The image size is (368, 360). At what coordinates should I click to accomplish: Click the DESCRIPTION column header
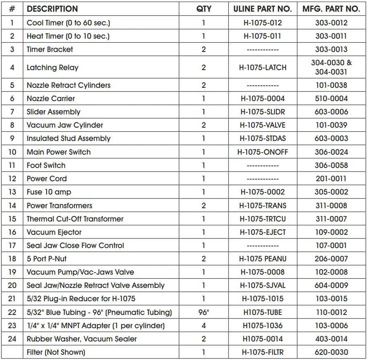(52, 9)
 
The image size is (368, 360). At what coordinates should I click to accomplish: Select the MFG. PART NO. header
(331, 9)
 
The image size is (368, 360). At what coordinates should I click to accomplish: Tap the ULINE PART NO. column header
(263, 9)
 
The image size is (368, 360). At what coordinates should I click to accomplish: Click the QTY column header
(204, 9)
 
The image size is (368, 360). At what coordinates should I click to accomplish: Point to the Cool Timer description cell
(68, 23)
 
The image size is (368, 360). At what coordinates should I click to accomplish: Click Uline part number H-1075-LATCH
(263, 67)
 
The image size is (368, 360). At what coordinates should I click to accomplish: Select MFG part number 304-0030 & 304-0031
(331, 67)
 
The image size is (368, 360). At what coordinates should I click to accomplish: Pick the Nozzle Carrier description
(51, 98)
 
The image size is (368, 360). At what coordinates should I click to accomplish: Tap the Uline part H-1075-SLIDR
(263, 112)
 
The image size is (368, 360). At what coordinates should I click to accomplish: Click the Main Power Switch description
(59, 152)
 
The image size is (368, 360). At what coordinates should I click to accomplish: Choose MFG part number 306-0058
(331, 165)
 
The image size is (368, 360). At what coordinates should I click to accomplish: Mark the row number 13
(12, 192)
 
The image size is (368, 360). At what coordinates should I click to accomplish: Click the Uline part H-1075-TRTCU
(263, 219)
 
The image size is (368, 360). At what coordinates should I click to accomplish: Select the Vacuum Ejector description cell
(54, 232)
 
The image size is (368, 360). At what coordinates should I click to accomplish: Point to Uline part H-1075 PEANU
(263, 259)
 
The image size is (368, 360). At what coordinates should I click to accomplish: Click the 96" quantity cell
(204, 312)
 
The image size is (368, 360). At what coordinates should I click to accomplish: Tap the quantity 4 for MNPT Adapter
(204, 325)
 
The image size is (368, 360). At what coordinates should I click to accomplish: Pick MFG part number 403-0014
(331, 339)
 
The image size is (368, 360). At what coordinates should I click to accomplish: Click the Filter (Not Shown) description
(56, 352)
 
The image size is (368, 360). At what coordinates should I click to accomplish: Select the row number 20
(12, 285)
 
